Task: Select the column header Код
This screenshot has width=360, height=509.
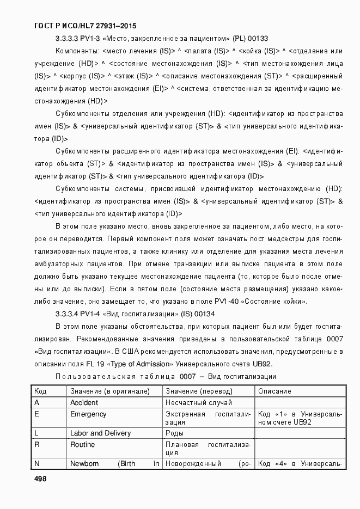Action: coord(40,391)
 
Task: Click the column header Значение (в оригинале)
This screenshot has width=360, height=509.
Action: coord(109,391)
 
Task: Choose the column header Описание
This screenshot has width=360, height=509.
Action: coord(274,391)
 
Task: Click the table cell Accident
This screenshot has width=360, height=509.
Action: coord(84,403)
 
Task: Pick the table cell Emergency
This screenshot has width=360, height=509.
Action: coord(88,414)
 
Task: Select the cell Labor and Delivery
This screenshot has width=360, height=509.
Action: coord(101,433)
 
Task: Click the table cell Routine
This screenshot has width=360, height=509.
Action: coord(82,445)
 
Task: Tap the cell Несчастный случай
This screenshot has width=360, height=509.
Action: coord(199,403)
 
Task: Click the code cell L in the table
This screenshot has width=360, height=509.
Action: coord(36,433)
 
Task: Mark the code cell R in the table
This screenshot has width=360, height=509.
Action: coord(36,445)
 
